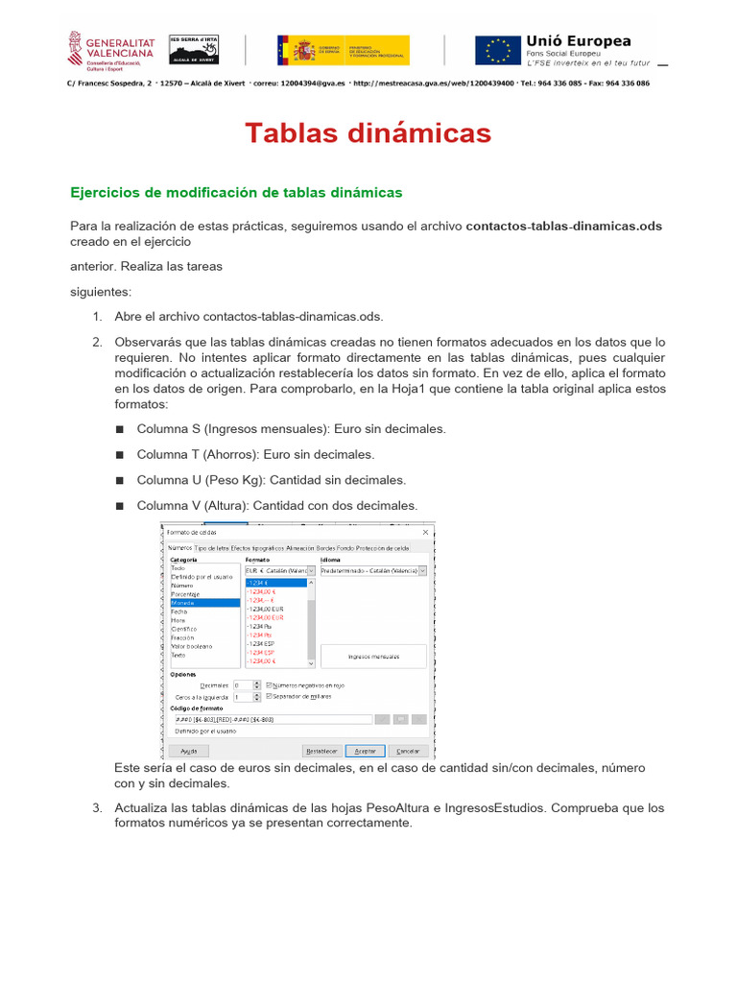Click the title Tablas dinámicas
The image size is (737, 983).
pos(368,132)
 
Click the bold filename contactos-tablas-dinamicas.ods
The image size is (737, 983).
pos(563,227)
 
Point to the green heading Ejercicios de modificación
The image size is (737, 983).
pos(236,193)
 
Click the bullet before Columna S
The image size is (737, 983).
pos(120,429)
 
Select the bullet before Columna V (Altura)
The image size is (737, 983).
pos(120,505)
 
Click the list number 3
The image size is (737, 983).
pos(97,807)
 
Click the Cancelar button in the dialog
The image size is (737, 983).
pos(408,751)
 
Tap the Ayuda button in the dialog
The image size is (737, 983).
pos(189,751)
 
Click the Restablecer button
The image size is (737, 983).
pos(321,751)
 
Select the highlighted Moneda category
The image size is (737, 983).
pos(203,603)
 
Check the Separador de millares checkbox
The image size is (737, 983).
pos(269,696)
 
